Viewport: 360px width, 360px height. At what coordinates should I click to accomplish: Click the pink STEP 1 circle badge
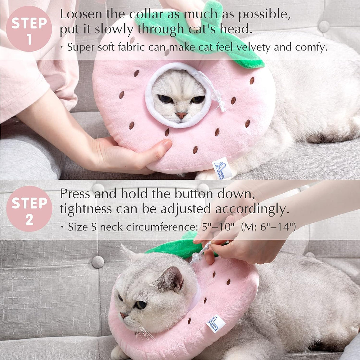tap(29, 29)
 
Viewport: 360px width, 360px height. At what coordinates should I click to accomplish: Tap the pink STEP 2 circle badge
tap(29, 209)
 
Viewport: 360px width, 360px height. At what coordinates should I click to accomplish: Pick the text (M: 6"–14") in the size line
tap(268, 227)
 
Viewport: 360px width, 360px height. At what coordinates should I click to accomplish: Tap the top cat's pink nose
tap(181, 115)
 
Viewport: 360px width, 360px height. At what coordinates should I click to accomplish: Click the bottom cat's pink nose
tap(122, 315)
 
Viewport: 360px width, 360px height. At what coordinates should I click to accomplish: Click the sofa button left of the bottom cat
tap(98, 262)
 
